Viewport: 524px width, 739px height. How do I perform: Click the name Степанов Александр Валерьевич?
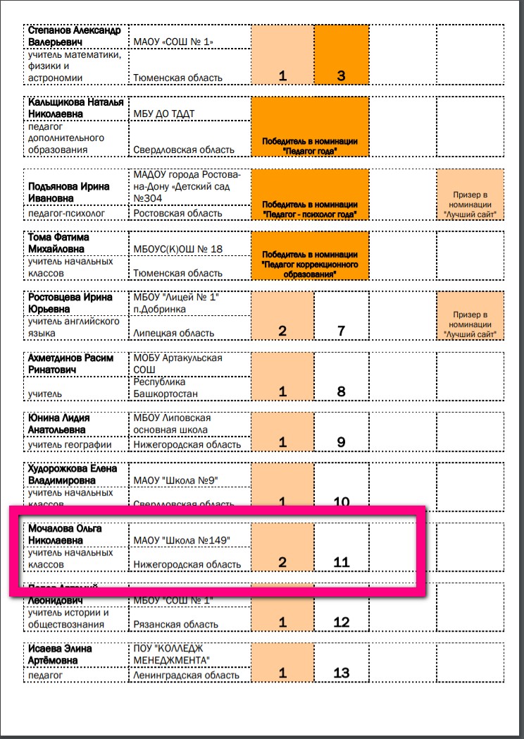[x=74, y=36]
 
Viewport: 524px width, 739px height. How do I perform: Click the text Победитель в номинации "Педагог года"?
[x=310, y=146]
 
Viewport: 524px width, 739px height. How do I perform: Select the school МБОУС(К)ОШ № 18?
[x=177, y=249]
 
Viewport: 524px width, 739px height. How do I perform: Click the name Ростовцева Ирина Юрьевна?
[x=70, y=303]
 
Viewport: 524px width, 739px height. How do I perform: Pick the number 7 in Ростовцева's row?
[x=342, y=330]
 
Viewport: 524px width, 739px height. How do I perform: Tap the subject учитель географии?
[x=70, y=445]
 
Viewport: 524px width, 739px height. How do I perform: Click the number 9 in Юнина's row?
[x=342, y=442]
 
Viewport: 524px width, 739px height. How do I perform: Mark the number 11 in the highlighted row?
[x=342, y=562]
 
